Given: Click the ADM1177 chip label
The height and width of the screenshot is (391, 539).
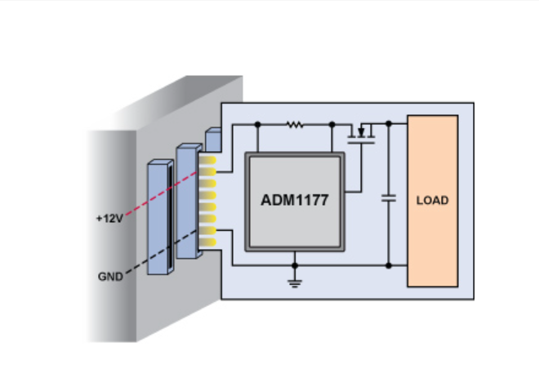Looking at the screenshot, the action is click(295, 200).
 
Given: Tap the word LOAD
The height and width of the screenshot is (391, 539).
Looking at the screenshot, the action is click(433, 201).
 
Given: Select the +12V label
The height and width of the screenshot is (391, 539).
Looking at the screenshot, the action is click(109, 218).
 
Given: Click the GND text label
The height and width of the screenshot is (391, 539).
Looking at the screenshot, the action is click(110, 277).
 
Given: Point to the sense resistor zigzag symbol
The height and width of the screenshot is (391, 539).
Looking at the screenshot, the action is click(295, 124).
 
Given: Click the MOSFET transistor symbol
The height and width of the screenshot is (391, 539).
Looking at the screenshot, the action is click(361, 133).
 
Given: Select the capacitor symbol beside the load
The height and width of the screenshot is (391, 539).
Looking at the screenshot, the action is click(389, 198).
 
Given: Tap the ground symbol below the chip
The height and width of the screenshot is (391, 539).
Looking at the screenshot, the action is click(295, 283).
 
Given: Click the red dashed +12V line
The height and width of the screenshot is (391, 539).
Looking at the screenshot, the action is click(161, 193).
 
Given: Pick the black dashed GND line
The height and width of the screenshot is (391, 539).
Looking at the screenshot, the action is click(161, 252).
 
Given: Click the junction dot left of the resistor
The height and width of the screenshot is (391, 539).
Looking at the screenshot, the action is click(258, 124).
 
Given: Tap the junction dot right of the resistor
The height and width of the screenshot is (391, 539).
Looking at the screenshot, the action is click(332, 124).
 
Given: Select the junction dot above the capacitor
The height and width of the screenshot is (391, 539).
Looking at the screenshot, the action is click(389, 124).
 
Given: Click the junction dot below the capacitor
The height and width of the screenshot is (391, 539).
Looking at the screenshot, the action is click(389, 265).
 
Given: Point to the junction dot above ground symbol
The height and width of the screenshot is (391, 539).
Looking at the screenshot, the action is click(295, 265).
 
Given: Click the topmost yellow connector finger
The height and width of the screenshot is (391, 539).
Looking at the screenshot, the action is click(207, 160).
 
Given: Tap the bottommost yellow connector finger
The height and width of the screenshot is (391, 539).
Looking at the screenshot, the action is click(207, 243).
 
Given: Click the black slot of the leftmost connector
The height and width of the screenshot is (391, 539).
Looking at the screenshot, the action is click(170, 217).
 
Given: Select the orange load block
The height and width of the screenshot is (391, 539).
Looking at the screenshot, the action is click(433, 201).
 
